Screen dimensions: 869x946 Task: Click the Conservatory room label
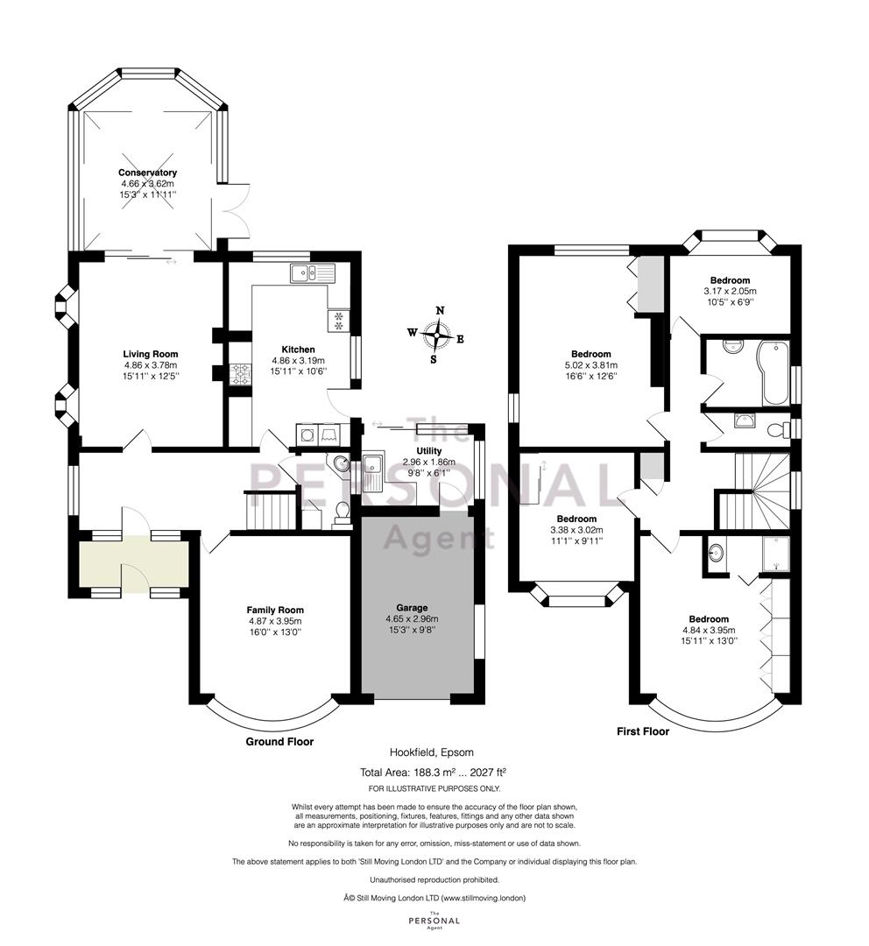coord(147,173)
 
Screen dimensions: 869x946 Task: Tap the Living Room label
coord(151,354)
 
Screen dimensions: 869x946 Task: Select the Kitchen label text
coord(298,349)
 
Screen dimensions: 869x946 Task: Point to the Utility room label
coord(429,451)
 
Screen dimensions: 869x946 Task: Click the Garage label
coord(412,608)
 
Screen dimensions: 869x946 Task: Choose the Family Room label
coord(275,610)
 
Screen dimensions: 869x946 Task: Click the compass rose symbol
coord(436,335)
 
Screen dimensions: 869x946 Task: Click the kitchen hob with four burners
coord(240,374)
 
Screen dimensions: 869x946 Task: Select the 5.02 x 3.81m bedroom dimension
coord(590,365)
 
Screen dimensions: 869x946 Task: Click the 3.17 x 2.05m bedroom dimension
coord(731,291)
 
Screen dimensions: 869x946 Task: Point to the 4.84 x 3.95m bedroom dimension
coord(709,630)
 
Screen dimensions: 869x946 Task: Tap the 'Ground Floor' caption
coord(279,742)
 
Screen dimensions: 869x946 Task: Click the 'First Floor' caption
coord(643,731)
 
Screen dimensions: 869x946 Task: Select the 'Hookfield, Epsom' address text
coord(432,752)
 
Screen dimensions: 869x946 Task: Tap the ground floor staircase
coord(271,511)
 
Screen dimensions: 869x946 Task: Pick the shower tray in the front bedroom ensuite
coord(775,554)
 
